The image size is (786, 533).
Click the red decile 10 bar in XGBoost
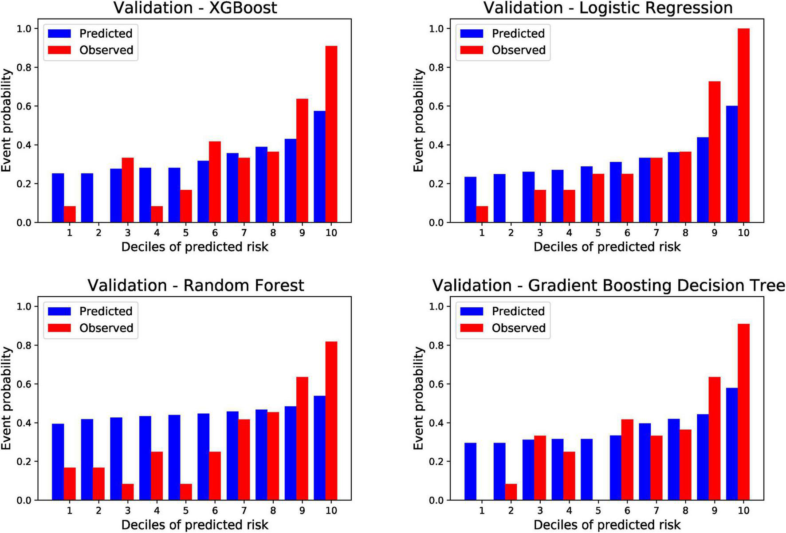point(331,134)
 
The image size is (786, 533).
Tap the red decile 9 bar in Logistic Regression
point(714,152)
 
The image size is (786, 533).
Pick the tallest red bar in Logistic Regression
point(743,125)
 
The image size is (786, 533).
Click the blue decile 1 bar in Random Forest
point(58,462)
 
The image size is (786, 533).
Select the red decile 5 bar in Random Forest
point(186,492)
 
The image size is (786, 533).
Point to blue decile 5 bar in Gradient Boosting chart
point(586,469)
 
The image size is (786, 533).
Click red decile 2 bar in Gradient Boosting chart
point(511,492)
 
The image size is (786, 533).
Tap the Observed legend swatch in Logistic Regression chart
point(472,50)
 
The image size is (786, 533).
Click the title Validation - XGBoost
point(195,8)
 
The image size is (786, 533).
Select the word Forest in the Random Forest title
point(275,286)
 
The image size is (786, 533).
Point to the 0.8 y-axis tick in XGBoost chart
point(24,67)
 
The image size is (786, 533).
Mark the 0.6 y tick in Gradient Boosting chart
point(437,384)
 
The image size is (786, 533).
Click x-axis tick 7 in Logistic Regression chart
point(656,233)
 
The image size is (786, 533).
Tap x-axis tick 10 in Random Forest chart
point(331,511)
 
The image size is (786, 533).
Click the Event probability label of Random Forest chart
point(6,398)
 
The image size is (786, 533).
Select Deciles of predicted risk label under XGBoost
point(195,247)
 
